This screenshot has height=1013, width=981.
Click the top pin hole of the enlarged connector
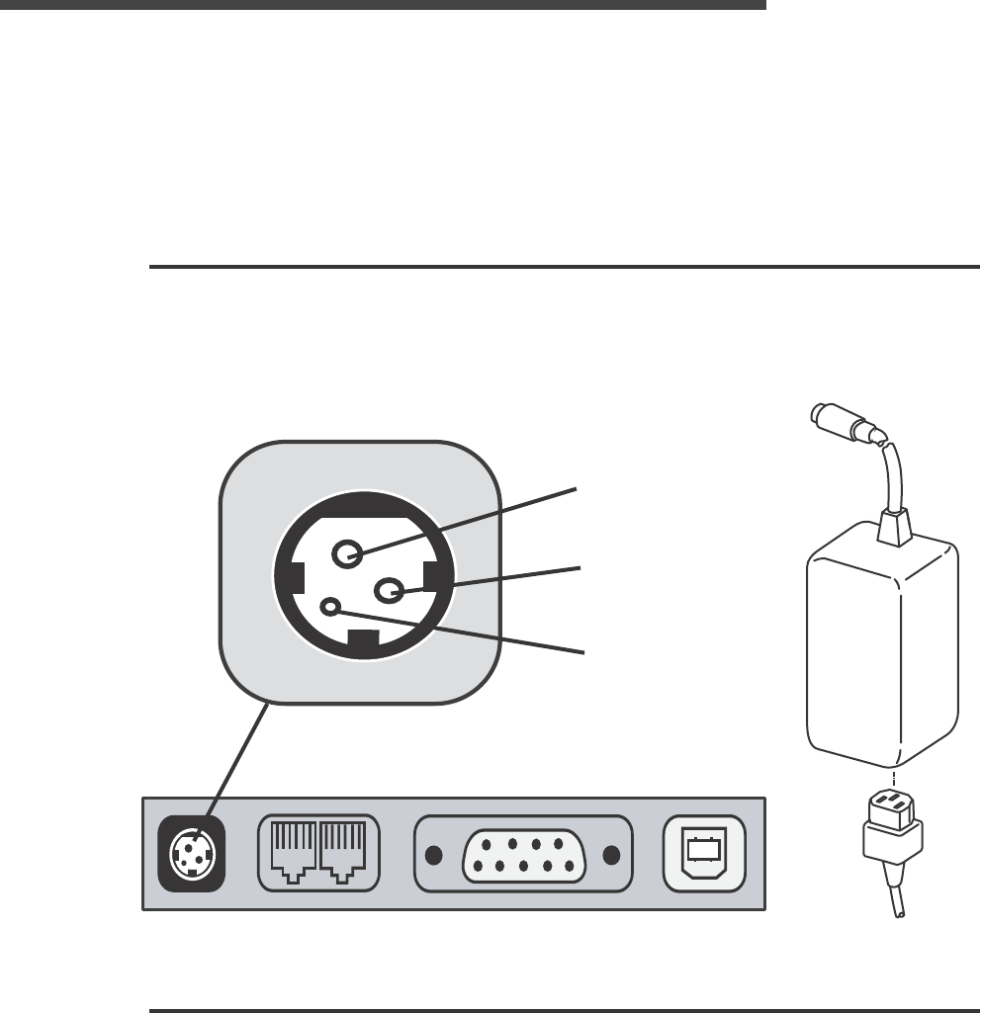click(x=345, y=554)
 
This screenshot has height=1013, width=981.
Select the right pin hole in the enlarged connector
click(x=388, y=591)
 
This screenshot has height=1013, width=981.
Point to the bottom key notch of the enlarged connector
click(x=363, y=642)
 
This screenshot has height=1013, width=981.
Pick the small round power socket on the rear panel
click(x=192, y=852)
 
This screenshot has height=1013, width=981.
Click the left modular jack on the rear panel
click(x=293, y=852)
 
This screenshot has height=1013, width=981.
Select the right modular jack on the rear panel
click(x=342, y=852)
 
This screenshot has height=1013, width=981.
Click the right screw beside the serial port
click(x=612, y=856)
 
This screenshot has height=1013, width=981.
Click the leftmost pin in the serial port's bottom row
click(x=478, y=866)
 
